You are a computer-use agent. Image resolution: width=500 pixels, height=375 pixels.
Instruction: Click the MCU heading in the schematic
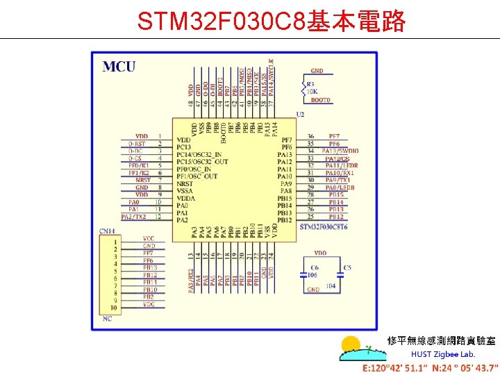(119, 67)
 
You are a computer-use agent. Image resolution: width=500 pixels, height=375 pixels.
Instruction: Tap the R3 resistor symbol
(303, 87)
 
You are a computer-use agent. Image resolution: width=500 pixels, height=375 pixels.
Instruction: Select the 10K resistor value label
(312, 91)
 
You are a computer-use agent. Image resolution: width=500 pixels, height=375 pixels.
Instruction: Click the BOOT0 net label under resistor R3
(321, 101)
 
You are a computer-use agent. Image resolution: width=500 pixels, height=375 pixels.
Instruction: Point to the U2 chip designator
(300, 114)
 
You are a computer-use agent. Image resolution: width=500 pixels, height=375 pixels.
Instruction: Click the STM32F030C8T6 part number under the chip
(323, 227)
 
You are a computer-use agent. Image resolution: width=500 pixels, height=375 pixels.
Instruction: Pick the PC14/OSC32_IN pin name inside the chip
(199, 154)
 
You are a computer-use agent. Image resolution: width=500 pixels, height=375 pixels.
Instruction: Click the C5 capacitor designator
(347, 267)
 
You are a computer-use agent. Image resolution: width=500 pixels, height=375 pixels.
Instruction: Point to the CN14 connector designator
(107, 231)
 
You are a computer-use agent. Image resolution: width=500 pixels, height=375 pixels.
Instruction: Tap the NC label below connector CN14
(107, 319)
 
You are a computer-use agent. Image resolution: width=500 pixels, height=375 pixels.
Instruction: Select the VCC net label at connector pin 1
(149, 238)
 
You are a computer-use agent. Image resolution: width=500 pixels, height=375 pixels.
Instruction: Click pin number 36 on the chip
(310, 136)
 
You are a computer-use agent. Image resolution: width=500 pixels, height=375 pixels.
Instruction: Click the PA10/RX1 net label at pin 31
(340, 173)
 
